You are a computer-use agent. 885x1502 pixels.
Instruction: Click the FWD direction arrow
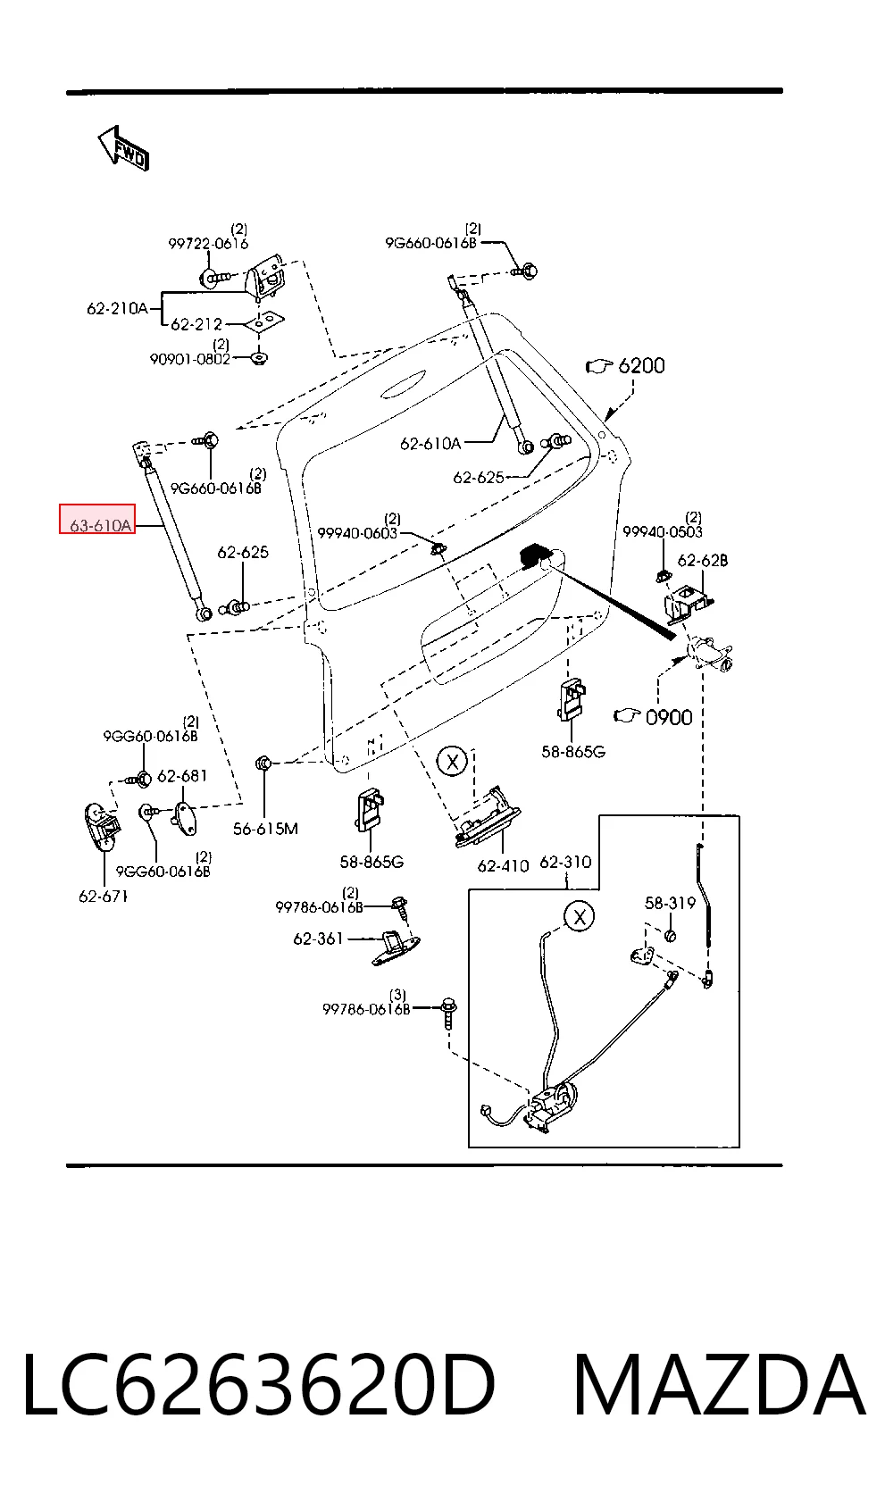124,148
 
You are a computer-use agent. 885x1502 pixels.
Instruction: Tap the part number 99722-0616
208,244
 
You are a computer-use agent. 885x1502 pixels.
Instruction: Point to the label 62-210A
117,308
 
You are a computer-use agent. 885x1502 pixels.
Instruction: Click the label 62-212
196,324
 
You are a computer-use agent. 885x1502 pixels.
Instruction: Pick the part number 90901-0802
189,359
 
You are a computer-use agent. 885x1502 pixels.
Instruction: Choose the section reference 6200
641,366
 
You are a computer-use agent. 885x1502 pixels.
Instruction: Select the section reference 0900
669,717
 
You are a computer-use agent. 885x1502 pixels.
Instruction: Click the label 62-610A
430,444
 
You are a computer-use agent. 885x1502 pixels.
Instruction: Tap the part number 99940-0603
357,534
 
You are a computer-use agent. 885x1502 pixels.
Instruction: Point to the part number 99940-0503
663,532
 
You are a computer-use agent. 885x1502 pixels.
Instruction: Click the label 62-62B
702,561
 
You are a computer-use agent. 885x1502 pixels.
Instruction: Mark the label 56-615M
265,829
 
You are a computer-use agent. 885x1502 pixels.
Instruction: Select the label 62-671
103,896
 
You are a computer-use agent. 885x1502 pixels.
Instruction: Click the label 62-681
182,776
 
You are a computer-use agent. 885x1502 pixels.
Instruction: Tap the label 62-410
503,866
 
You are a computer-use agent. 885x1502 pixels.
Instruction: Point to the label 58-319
670,903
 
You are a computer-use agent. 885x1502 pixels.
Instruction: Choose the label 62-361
318,939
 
